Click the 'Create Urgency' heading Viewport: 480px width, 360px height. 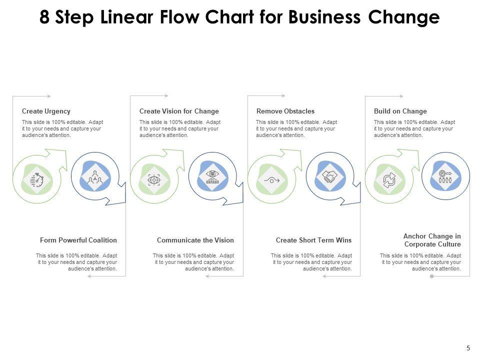tap(46, 111)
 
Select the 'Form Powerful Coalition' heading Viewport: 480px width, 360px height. tap(78, 240)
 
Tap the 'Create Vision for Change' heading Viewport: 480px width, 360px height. tap(179, 111)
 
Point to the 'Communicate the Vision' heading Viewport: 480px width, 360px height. tap(195, 240)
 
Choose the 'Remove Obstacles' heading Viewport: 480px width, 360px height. tap(285, 111)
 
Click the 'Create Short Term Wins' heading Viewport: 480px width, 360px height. tap(313, 240)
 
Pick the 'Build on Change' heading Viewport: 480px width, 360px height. tap(400, 111)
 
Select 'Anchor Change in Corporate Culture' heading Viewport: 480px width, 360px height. tap(432, 240)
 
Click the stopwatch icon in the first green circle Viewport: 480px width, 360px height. tap(37, 179)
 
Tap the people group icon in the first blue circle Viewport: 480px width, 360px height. tap(95, 177)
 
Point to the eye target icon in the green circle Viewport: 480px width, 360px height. tap(154, 179)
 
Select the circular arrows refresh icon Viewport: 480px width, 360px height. tap(388, 179)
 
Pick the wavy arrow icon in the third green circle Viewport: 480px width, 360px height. tap(271, 179)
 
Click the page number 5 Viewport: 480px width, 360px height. tap(468, 348)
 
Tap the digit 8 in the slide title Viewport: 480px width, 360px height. tap(45, 18)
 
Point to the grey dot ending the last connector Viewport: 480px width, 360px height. tap(432, 276)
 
